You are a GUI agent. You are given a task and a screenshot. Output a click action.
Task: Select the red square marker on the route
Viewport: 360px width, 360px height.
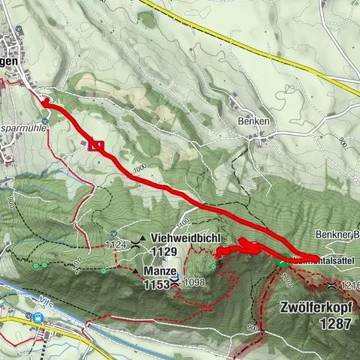(94, 145)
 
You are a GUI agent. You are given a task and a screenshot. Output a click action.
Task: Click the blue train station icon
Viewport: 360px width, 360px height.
(37, 316)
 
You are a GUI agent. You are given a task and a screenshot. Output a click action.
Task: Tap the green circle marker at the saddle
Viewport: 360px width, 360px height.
(283, 263)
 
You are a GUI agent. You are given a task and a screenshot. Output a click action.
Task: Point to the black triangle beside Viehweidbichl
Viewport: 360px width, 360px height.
(142, 238)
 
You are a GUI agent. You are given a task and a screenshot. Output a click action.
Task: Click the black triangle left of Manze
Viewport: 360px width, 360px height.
(135, 271)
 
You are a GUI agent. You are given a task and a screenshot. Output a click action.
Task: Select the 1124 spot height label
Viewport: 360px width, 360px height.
(116, 244)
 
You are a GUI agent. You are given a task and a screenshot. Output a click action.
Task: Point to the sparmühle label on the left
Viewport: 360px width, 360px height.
(25, 127)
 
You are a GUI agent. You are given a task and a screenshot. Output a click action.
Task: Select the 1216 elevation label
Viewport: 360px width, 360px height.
(349, 286)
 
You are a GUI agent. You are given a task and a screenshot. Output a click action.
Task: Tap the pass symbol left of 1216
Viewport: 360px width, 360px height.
(331, 286)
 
